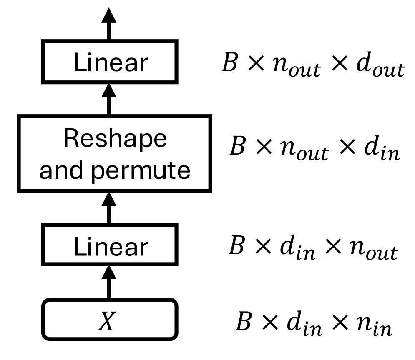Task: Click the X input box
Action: (x=110, y=319)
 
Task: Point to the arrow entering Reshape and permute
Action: (x=110, y=208)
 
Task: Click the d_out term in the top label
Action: (x=381, y=67)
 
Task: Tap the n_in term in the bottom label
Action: (x=375, y=325)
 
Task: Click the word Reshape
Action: (x=115, y=139)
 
